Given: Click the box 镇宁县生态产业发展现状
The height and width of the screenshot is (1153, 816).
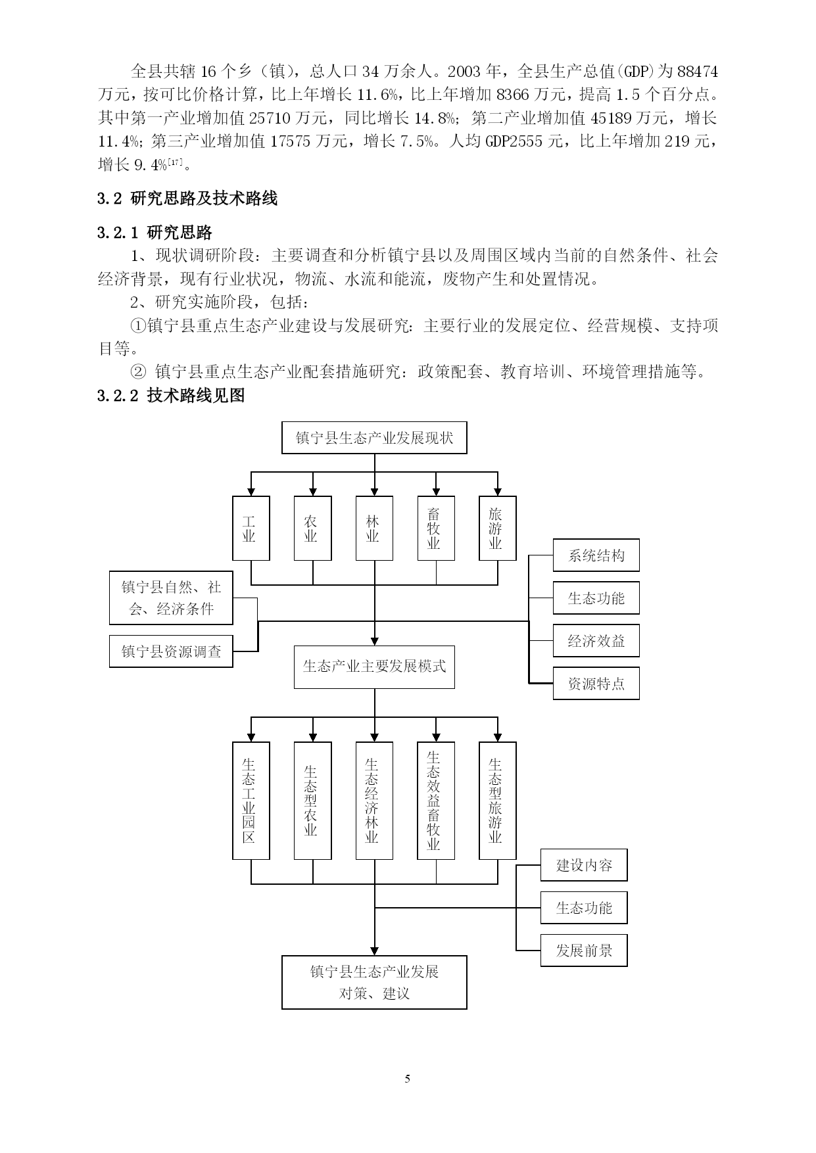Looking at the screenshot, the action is pyautogui.click(x=374, y=438).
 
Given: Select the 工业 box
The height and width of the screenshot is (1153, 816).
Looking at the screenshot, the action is pyautogui.click(x=251, y=528).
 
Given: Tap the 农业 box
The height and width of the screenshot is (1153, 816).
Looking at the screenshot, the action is pyautogui.click(x=312, y=528).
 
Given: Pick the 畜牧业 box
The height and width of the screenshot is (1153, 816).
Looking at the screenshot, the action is pyautogui.click(x=436, y=528).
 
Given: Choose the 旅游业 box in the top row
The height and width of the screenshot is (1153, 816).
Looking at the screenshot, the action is pyautogui.click(x=498, y=528).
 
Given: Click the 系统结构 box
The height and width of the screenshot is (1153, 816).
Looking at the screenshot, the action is pyautogui.click(x=596, y=555).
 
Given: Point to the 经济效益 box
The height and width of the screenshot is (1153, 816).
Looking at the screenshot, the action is pyautogui.click(x=596, y=641).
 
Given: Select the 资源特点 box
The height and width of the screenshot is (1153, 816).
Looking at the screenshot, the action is pyautogui.click(x=596, y=684).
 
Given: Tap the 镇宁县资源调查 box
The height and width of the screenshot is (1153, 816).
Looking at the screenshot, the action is pyautogui.click(x=171, y=651).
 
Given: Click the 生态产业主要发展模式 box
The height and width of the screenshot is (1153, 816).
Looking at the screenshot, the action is pyautogui.click(x=374, y=667).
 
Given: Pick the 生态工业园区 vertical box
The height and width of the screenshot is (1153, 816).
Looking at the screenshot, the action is pyautogui.click(x=251, y=801).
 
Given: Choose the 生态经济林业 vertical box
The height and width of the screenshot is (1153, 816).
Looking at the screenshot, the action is pyautogui.click(x=374, y=801).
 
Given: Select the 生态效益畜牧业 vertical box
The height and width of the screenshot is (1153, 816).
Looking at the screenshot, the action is pyautogui.click(x=436, y=801).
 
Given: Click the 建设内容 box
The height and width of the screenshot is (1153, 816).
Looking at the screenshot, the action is pyautogui.click(x=584, y=865).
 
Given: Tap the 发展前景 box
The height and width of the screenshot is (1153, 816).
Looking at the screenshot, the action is pyautogui.click(x=584, y=951).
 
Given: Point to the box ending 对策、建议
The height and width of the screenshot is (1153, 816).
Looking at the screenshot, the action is pyautogui.click(x=374, y=982).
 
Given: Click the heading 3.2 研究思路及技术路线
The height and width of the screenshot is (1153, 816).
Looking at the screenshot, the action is pyautogui.click(x=187, y=199).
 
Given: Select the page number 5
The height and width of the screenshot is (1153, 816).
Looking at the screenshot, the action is pyautogui.click(x=408, y=1079).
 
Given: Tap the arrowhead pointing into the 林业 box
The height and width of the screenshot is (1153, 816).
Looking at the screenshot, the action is pyautogui.click(x=374, y=491).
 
